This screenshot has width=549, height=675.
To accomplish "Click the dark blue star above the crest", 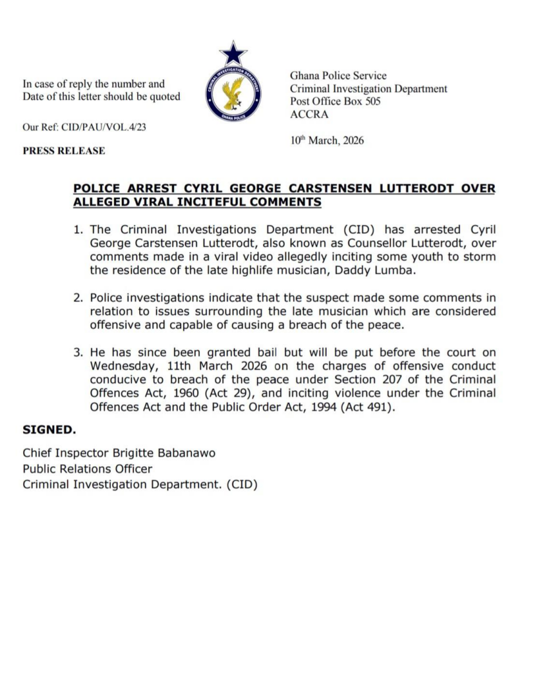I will click(x=233, y=53).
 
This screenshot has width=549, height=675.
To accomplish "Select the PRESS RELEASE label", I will click(x=64, y=150).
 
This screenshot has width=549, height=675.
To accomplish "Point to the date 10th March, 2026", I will click(x=327, y=140).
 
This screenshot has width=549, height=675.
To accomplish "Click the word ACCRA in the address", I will click(x=309, y=114).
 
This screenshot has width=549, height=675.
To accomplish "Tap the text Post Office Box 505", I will click(x=335, y=102).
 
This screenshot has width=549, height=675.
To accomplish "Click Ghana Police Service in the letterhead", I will click(x=338, y=76).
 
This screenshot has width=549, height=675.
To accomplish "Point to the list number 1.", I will click(x=78, y=229).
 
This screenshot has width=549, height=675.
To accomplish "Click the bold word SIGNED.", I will click(x=49, y=430).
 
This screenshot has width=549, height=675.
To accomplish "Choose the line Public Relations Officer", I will click(x=88, y=469).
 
